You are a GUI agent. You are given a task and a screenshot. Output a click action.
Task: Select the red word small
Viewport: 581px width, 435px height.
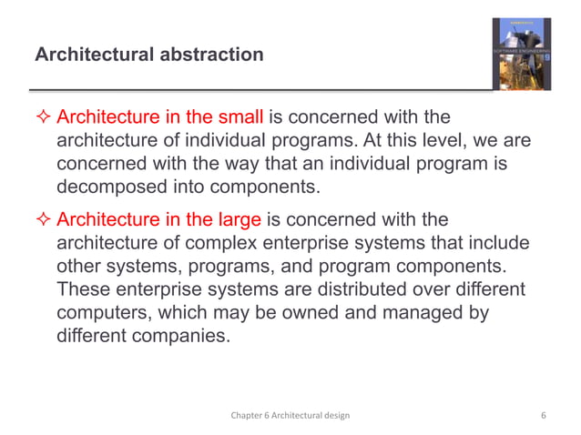coord(240,118)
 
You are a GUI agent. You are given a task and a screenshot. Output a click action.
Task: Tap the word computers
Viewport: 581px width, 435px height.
coord(98,313)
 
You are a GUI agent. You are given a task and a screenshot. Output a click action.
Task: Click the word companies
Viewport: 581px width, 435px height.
coord(179,337)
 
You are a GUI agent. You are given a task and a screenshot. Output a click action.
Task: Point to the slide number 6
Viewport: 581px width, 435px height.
coord(543,415)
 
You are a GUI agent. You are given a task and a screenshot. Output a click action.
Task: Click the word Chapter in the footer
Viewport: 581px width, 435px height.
coord(247,415)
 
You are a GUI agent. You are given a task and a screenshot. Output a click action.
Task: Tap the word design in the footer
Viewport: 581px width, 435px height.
coord(337,415)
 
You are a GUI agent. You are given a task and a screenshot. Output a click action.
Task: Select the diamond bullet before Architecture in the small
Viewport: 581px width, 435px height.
coord(43,118)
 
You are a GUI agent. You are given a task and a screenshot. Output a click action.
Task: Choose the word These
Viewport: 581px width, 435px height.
coord(82,290)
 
